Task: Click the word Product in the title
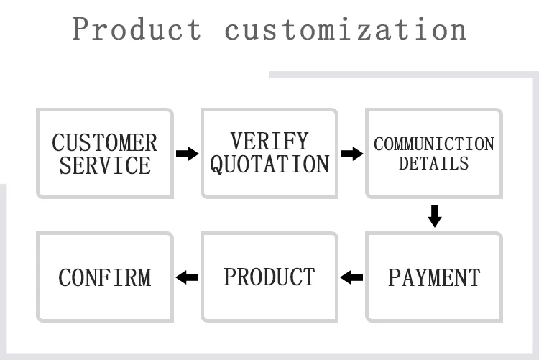click(137, 29)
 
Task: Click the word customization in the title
click(346, 29)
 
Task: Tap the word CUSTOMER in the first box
click(105, 142)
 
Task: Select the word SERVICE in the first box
click(105, 166)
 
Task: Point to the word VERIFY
click(269, 141)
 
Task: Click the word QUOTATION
click(269, 165)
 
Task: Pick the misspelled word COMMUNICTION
click(434, 144)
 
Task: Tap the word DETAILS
click(434, 164)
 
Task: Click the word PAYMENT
click(434, 277)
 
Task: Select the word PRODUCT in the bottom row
click(269, 277)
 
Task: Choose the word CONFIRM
click(105, 277)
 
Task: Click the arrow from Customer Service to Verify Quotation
click(187, 153)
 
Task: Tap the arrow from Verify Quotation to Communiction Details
click(351, 153)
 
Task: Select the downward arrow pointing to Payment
click(434, 215)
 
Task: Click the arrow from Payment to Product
click(351, 277)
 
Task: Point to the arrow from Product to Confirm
click(187, 277)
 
